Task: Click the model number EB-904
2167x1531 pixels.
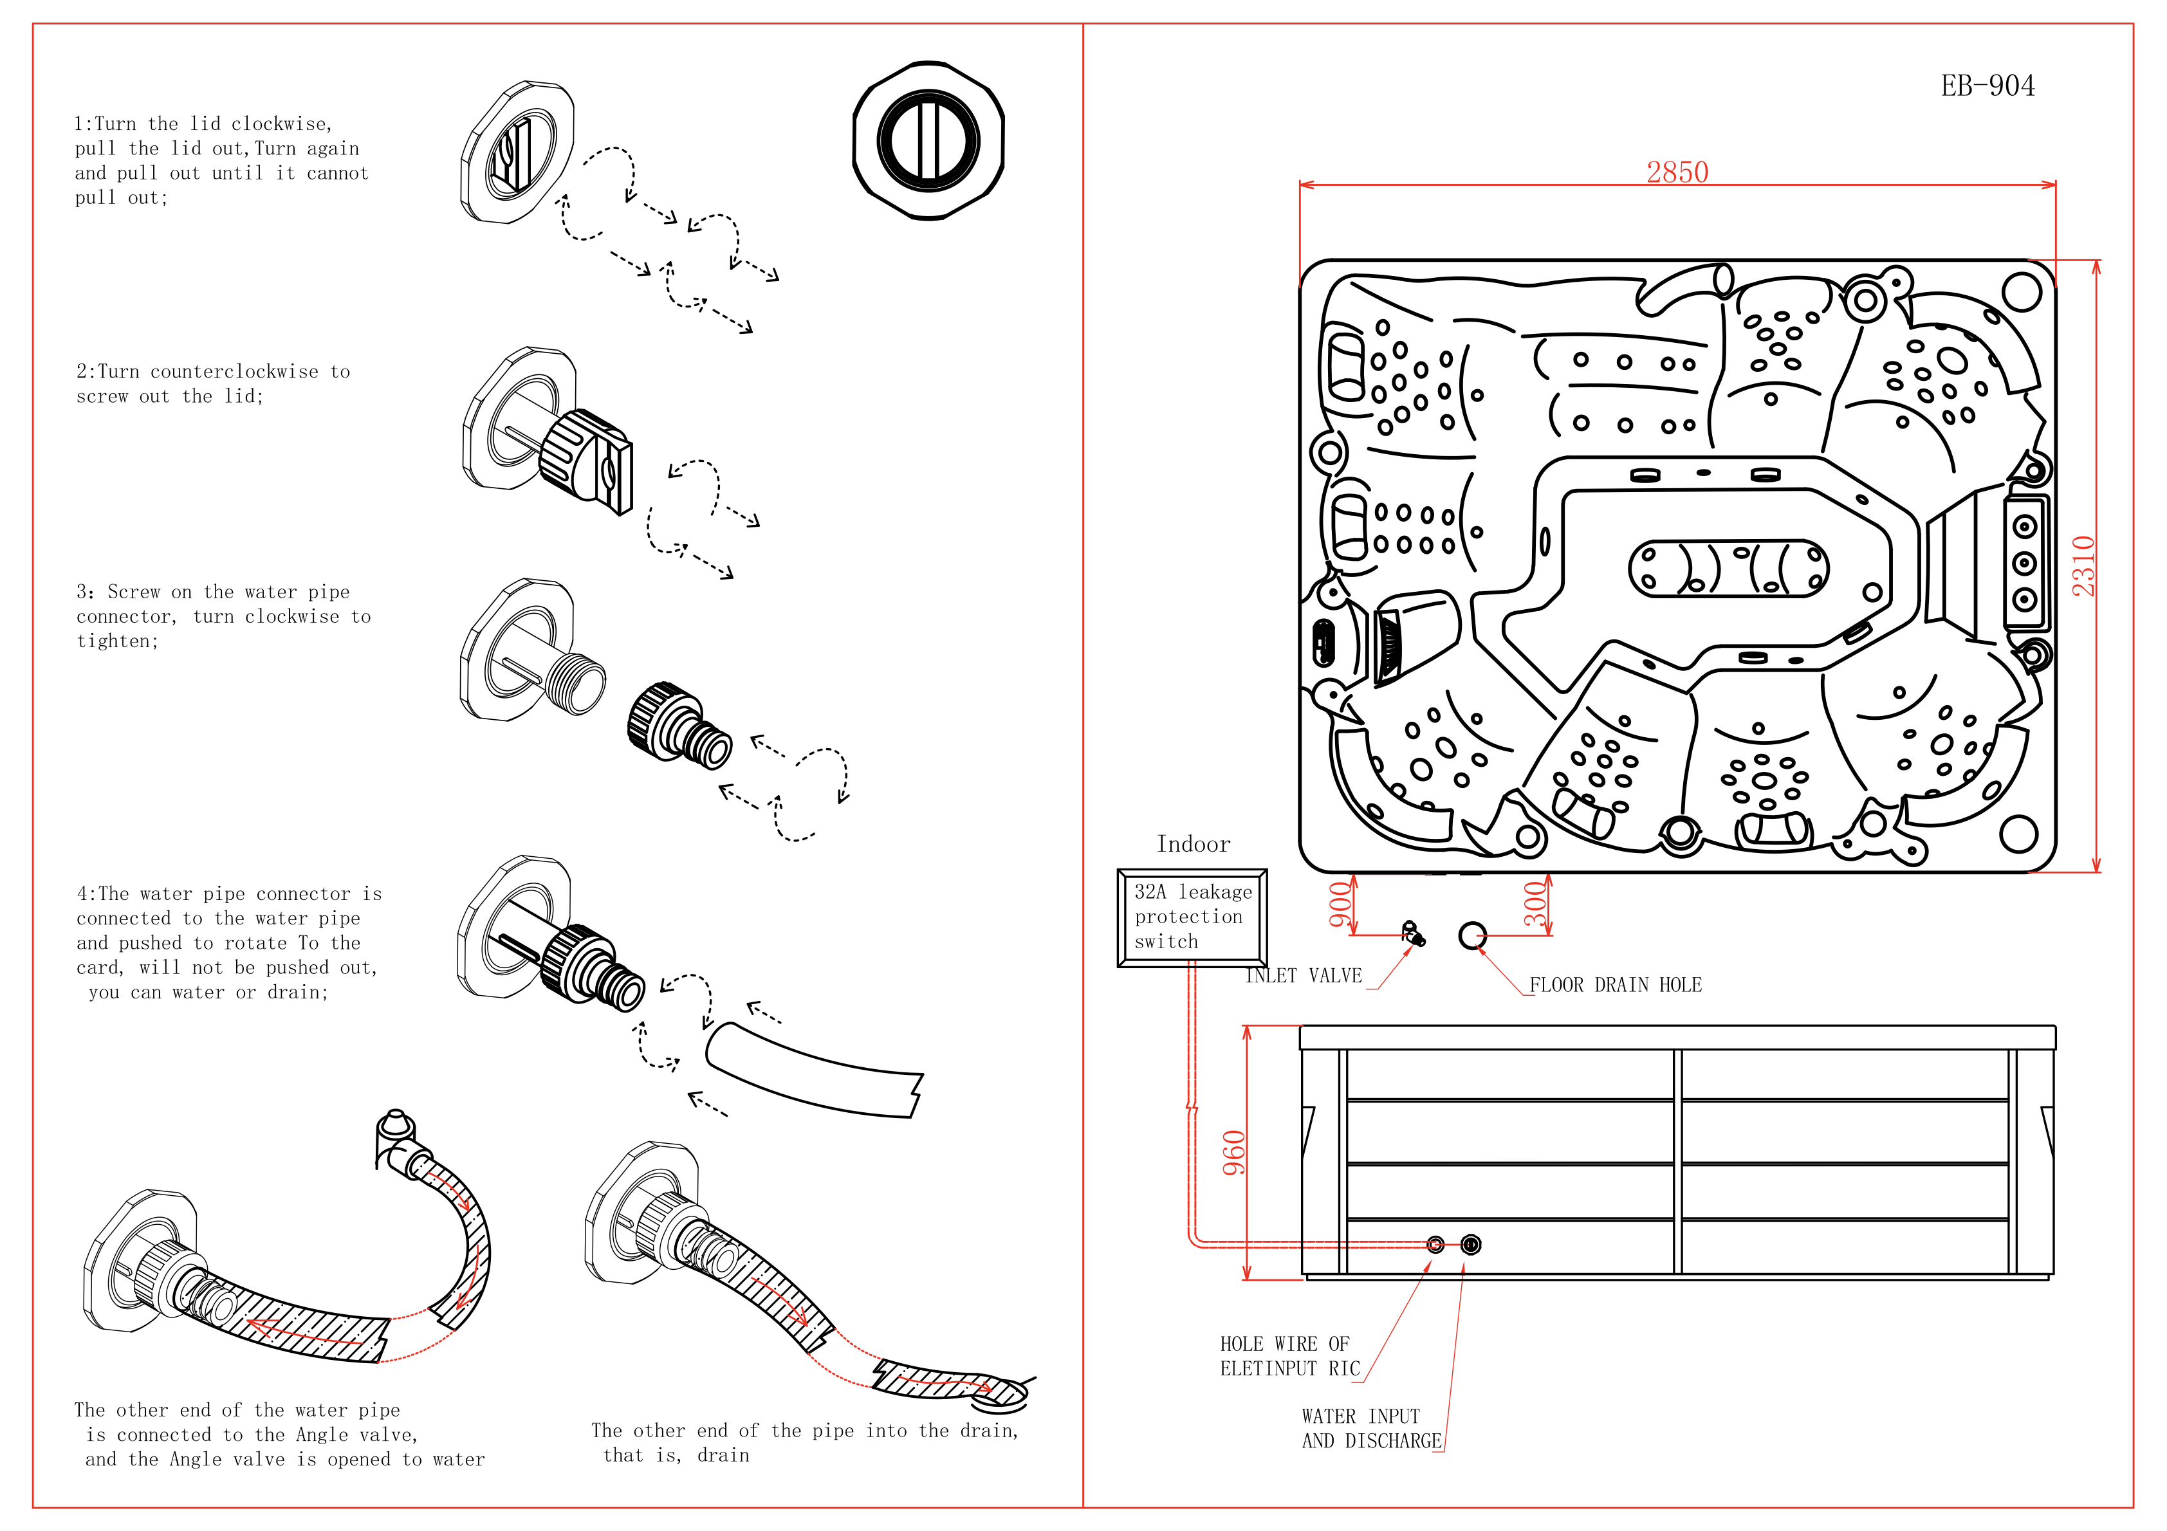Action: (1987, 86)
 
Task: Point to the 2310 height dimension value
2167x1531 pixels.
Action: (2083, 565)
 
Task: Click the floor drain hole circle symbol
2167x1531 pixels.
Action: (1471, 935)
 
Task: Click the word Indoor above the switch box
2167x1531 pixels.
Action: (1193, 844)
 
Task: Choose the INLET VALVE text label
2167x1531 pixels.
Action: (1304, 976)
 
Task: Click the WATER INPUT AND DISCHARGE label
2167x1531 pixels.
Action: (1370, 1428)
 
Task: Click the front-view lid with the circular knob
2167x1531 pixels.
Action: (928, 142)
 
